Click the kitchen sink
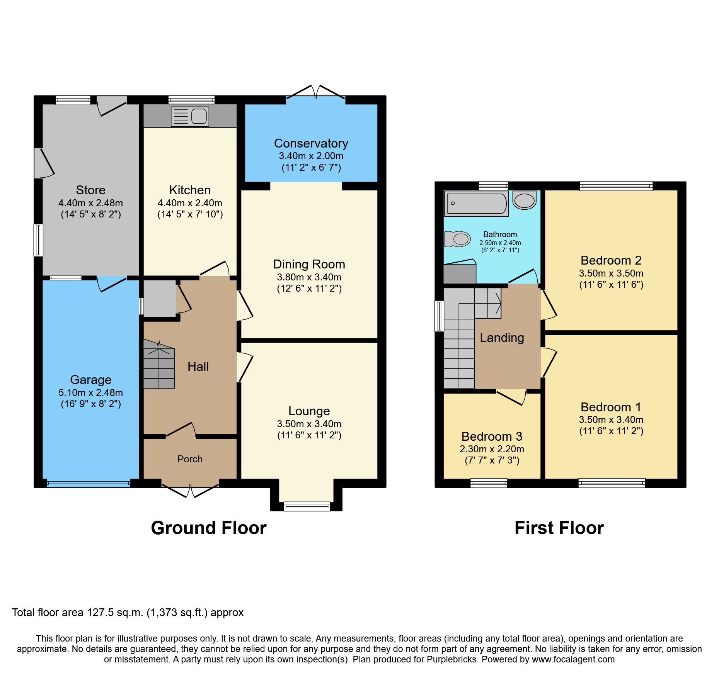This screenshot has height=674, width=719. (x=190, y=116)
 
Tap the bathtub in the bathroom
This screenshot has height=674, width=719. (x=476, y=204)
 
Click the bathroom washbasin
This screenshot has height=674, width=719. (x=525, y=200)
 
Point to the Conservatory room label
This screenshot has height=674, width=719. (x=311, y=143)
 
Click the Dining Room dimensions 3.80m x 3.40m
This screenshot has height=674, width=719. (x=309, y=277)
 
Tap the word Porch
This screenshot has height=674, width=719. (x=190, y=459)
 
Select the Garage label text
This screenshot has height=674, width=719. (x=91, y=380)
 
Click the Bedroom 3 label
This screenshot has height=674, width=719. (x=492, y=436)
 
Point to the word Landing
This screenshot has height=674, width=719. (x=502, y=338)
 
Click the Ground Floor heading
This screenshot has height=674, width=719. (x=209, y=528)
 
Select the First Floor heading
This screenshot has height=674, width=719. (x=559, y=528)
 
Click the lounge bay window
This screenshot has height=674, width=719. (x=307, y=506)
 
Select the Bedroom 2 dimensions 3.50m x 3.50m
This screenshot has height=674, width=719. (x=611, y=273)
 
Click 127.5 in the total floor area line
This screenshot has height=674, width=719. (x=101, y=613)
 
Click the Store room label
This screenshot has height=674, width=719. (x=91, y=190)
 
